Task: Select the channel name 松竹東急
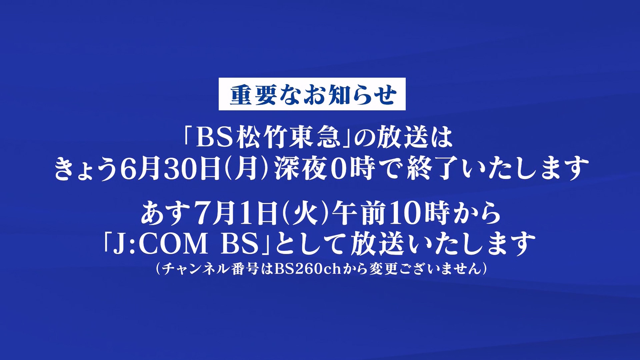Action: click(x=288, y=138)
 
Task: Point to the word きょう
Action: click(x=86, y=169)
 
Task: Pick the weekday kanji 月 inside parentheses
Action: click(x=247, y=169)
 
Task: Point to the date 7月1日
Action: click(x=233, y=213)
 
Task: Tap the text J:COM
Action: click(x=160, y=244)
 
